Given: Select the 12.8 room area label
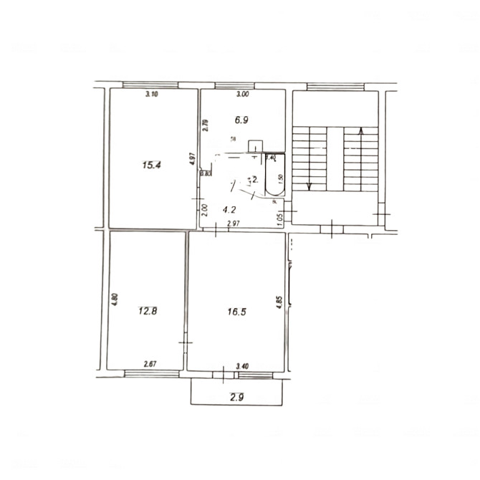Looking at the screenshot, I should point(147,311).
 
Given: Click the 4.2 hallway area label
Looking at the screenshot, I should point(229,211).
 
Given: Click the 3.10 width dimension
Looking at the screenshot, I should point(151,95).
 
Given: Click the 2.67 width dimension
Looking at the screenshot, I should point(150,365).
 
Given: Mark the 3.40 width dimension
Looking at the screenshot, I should point(243,366).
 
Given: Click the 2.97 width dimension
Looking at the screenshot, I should point(233,224).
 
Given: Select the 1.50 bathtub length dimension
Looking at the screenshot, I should point(281,178).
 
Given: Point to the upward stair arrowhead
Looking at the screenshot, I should point(361,130).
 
